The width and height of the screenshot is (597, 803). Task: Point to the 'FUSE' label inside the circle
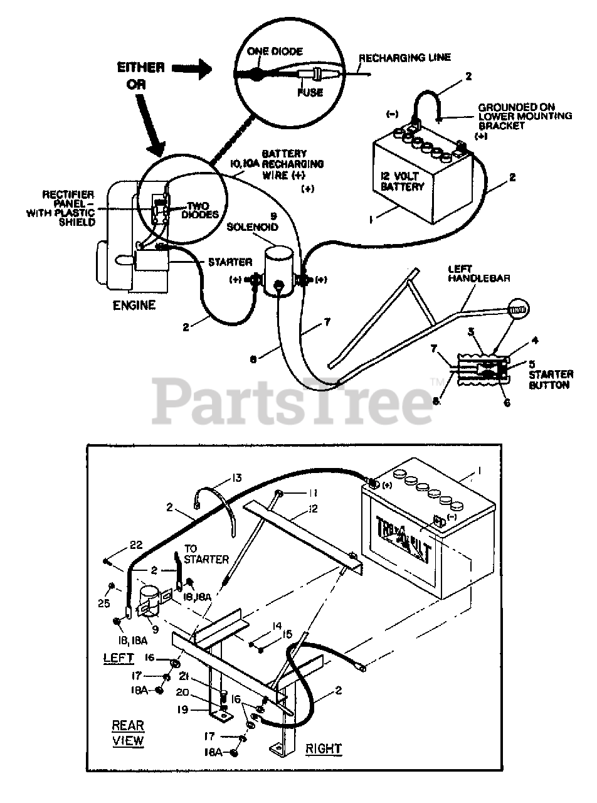(x=310, y=92)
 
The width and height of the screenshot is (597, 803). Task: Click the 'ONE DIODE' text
(x=274, y=51)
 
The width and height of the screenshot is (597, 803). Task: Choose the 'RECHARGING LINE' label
(x=404, y=58)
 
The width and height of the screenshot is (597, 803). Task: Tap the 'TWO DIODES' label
(x=200, y=210)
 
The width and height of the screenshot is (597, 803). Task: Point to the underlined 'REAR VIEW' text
(x=128, y=733)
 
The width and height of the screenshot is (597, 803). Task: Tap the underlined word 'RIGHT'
(x=324, y=748)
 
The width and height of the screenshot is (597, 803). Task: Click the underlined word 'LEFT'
(x=119, y=657)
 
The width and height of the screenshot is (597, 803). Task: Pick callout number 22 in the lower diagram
(x=137, y=543)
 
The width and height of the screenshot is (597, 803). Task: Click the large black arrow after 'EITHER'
(x=193, y=69)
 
